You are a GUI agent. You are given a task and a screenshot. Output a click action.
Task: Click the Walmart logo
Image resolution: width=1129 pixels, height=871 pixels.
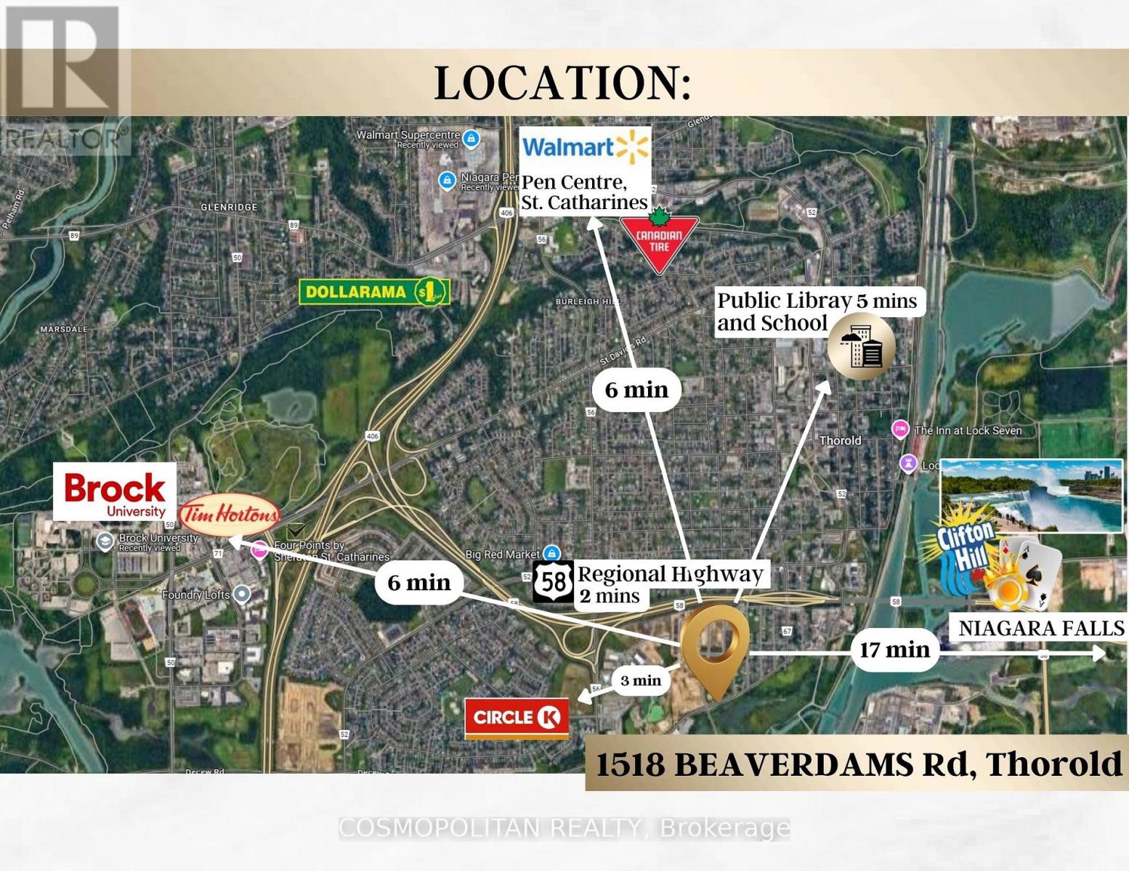pos(584,148)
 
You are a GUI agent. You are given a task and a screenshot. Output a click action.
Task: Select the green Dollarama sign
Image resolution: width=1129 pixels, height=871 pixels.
pos(374,292)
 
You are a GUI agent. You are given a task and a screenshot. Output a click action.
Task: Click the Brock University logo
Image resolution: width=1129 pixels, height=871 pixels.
pos(115,492)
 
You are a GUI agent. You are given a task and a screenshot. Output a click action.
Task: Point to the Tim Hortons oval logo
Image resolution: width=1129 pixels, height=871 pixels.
pos(230,515)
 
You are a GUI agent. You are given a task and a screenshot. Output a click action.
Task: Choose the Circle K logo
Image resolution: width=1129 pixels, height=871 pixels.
pos(517,718)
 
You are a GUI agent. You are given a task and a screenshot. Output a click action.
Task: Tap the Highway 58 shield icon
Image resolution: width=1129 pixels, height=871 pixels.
pos(554,581)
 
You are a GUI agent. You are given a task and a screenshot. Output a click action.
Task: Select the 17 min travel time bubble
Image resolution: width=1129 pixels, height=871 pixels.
pos(894,650)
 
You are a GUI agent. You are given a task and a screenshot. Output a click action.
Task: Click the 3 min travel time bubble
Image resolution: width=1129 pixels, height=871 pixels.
pos(640,680)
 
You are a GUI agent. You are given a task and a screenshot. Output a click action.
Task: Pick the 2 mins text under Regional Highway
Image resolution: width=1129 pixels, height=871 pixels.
pos(610,597)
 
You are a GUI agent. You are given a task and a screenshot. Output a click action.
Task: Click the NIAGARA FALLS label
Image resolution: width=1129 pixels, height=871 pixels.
pos(1040,628)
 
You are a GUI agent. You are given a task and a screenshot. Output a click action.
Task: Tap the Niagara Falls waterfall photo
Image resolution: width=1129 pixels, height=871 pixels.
pos(1032,495)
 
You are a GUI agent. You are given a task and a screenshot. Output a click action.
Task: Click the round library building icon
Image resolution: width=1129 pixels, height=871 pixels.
pos(861,347)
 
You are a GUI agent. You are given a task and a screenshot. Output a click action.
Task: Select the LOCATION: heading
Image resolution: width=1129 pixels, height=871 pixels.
pos(562,83)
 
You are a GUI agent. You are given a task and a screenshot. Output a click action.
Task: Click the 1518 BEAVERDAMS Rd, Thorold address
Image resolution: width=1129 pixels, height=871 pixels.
pos(857,764)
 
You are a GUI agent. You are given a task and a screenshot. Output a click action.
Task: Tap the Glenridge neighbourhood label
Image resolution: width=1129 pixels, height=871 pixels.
pos(229,207)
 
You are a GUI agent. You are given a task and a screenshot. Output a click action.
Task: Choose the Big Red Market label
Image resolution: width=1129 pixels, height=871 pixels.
pos(503,555)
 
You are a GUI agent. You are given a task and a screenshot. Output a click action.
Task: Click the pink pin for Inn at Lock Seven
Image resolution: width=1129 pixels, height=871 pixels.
pos(900,429)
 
